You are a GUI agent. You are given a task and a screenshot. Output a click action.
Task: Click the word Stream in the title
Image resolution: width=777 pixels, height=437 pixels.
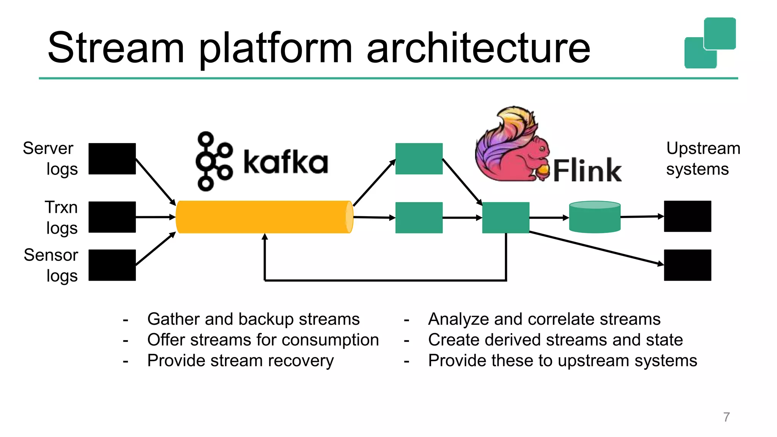(116, 48)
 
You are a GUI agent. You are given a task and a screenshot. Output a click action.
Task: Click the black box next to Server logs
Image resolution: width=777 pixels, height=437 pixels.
(112, 159)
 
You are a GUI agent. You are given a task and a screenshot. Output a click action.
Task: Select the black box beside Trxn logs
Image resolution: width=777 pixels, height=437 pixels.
(112, 217)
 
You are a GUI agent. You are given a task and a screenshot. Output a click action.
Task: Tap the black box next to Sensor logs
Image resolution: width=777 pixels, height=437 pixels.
(112, 265)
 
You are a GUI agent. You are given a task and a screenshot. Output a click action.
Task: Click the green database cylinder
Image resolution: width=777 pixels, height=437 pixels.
(595, 217)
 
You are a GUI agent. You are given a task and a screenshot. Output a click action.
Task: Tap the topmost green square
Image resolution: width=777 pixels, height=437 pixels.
(419, 159)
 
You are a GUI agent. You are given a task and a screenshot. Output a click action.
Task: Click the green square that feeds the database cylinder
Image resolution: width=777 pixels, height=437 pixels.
(506, 217)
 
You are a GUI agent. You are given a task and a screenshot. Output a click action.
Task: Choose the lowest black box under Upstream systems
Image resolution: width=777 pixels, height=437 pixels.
(687, 265)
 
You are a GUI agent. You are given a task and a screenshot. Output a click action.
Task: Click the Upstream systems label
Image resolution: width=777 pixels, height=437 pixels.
(703, 159)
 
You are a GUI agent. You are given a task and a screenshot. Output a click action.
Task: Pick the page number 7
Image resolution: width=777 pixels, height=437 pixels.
(726, 417)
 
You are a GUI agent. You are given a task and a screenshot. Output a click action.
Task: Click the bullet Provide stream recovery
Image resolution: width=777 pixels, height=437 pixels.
(240, 361)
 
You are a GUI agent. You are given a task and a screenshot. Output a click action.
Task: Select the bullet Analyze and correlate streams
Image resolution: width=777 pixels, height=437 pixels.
(544, 319)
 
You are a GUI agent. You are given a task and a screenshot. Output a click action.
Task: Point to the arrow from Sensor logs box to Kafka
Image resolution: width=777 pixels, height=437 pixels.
(156, 249)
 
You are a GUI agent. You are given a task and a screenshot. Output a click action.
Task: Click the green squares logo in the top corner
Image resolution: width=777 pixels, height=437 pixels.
(710, 43)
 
